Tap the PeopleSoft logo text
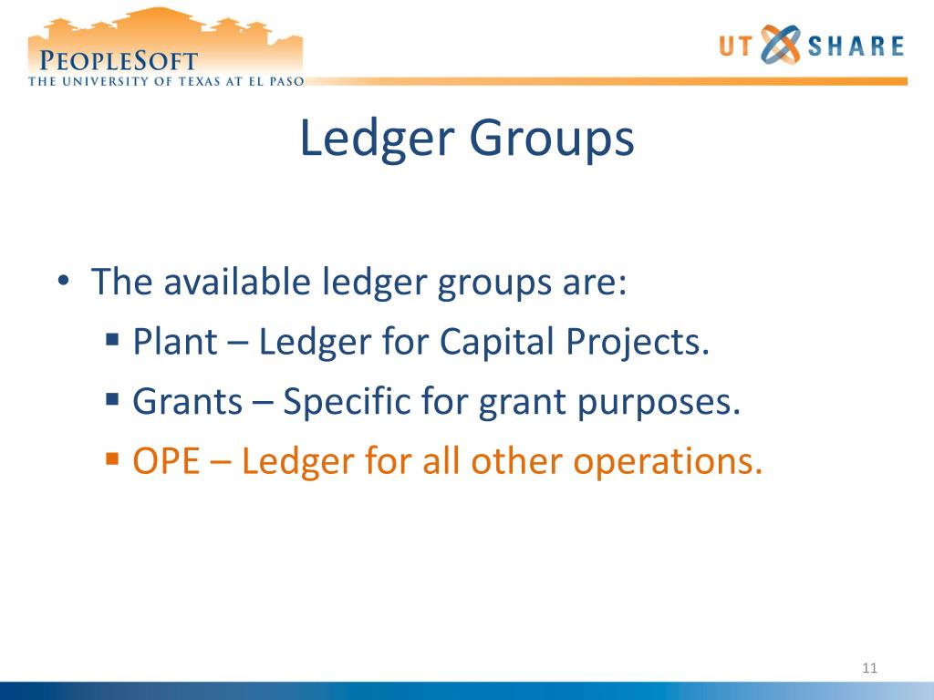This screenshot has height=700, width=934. pos(119,61)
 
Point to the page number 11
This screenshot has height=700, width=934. pos(868,670)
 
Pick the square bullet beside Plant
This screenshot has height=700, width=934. pos(112,341)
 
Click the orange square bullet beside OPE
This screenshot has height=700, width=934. pos(112,459)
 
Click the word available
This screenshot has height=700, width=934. pos(239,283)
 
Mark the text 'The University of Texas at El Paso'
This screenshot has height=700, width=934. pos(165,80)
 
